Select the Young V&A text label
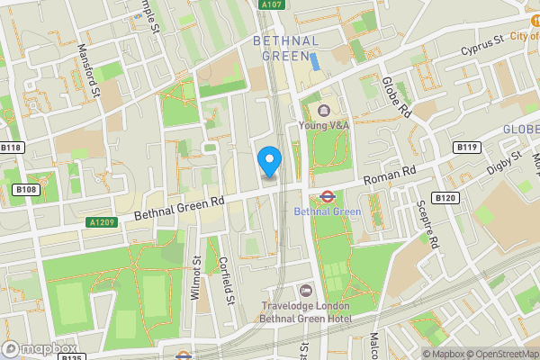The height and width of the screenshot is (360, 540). pos(323,126)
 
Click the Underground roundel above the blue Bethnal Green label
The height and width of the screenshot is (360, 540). pos(328,195)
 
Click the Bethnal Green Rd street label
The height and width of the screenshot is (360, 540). pos(178,206)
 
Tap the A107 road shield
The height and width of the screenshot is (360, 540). pos(270,5)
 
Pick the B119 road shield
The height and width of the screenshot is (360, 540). pos(466,147)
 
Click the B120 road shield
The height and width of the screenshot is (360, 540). pos(445,197)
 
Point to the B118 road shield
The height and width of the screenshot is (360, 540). pos(11,147)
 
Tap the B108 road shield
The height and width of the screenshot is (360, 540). pos(26,190)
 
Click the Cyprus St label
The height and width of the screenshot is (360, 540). pos(481,44)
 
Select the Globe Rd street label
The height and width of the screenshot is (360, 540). pos(396,97)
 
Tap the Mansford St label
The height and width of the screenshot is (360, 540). pos(89,71)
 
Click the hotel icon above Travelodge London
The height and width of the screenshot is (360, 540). pos(306,290)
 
